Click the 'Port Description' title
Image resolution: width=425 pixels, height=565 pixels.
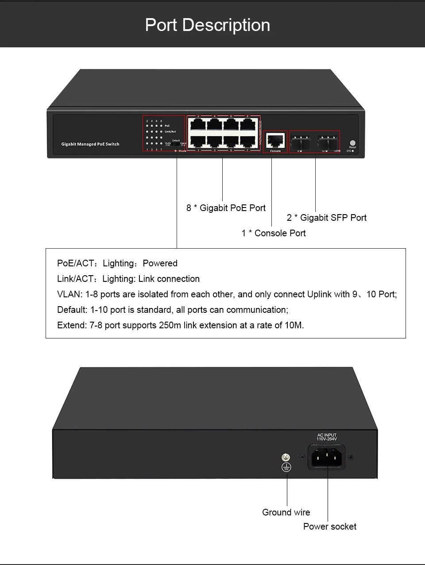click(x=208, y=25)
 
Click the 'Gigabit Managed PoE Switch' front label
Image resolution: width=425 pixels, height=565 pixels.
click(x=90, y=144)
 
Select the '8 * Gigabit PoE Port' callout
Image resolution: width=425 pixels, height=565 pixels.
click(x=226, y=208)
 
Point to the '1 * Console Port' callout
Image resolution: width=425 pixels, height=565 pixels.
click(x=273, y=233)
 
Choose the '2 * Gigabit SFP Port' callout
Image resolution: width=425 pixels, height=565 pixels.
click(x=326, y=218)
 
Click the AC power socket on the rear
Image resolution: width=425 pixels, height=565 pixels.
click(x=328, y=457)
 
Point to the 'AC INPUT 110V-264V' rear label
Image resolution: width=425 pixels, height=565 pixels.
click(x=327, y=437)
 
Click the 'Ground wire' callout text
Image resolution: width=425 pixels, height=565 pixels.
click(x=286, y=512)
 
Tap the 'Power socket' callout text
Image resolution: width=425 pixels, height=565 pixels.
click(x=329, y=527)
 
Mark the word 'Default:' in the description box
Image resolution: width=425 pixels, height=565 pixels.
click(x=72, y=310)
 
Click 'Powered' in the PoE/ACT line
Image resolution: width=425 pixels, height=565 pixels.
click(x=160, y=263)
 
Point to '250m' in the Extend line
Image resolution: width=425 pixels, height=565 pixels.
click(x=170, y=325)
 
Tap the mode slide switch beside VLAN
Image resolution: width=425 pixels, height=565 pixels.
click(x=176, y=143)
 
